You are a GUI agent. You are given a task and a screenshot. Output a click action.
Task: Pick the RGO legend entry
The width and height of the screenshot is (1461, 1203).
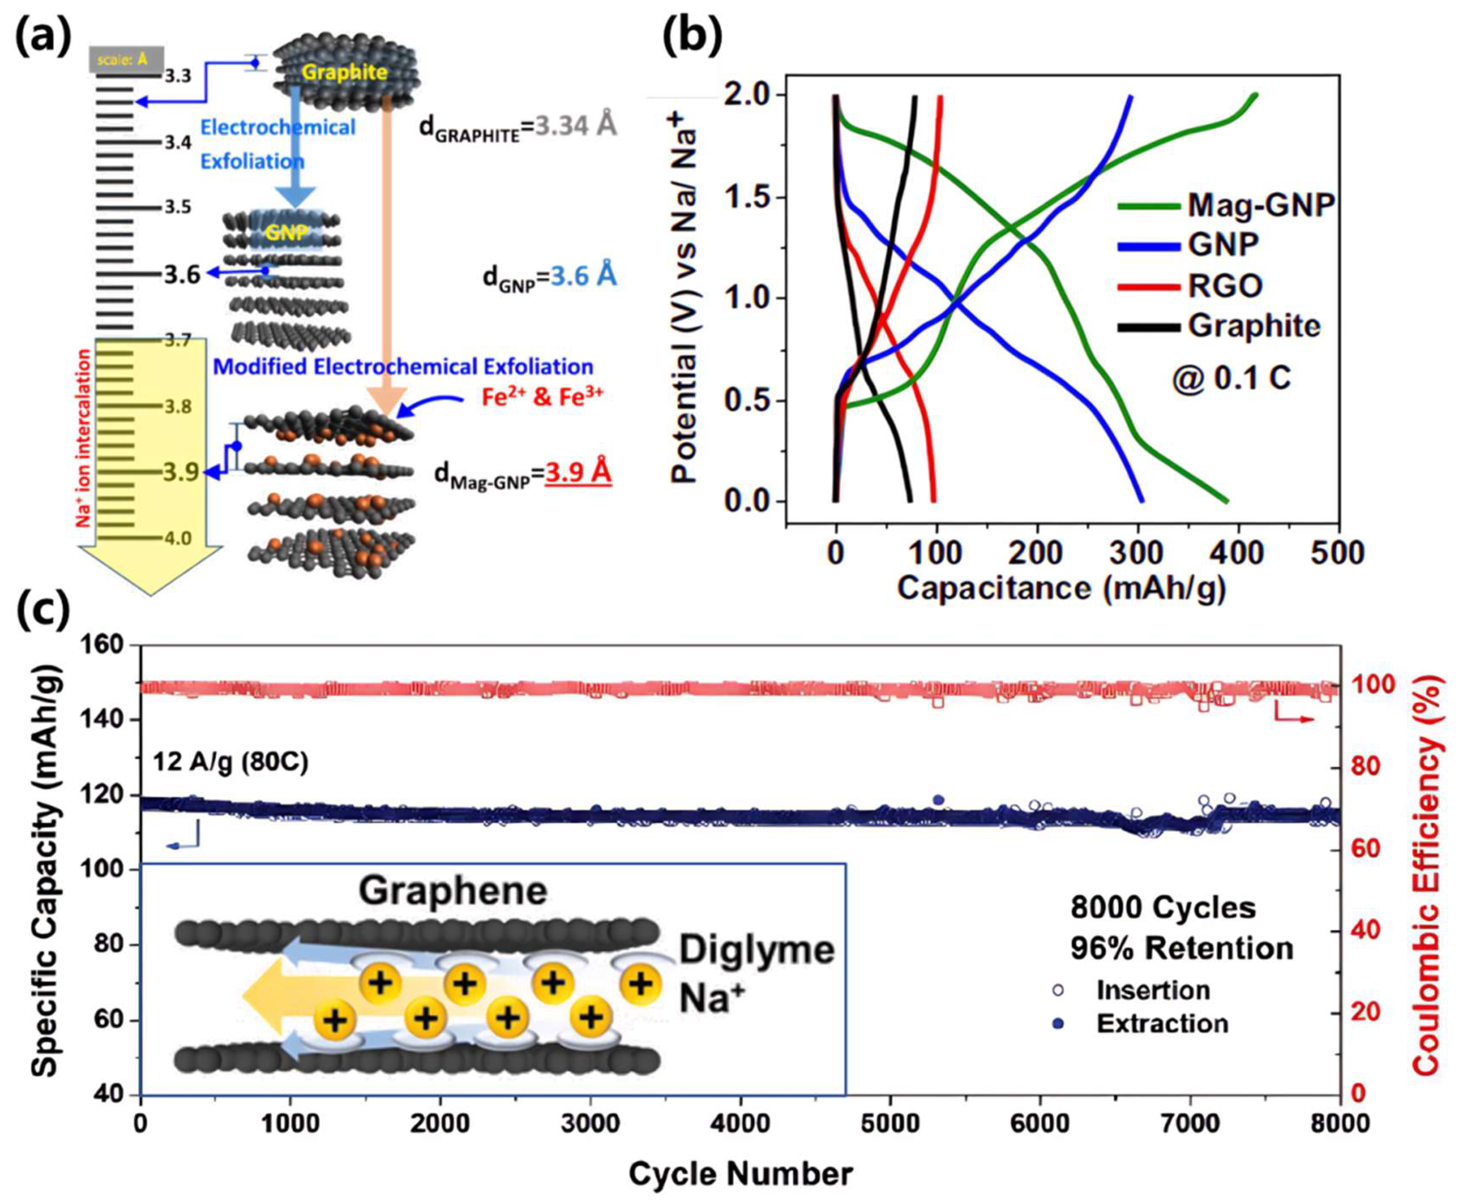pos(1225,285)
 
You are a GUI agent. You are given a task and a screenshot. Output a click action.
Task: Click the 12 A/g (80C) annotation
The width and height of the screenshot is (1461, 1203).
pos(231,763)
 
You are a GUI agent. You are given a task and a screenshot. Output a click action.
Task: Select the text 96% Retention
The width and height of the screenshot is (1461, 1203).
pos(1181,949)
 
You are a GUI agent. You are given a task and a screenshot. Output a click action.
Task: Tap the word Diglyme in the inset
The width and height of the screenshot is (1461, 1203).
pos(756,950)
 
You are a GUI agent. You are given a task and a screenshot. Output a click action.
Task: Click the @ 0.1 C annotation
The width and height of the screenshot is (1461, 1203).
pos(1230,379)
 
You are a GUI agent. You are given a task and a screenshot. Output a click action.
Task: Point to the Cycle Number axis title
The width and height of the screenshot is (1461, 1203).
pos(740,1173)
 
